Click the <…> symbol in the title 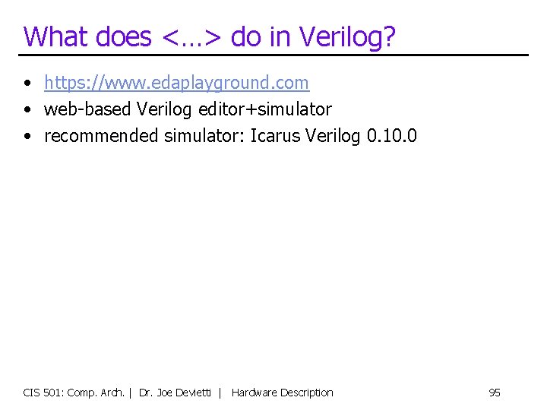tap(190, 36)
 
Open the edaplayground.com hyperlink tap(176, 82)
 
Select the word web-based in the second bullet tap(88, 109)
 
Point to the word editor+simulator tap(265, 109)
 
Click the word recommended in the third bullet tap(102, 137)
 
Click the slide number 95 tap(495, 393)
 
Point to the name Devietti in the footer tap(195, 393)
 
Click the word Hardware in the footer tap(254, 393)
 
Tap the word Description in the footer tap(307, 393)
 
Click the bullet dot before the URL tap(27, 82)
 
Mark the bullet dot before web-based tap(27, 109)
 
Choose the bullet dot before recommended tap(27, 137)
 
